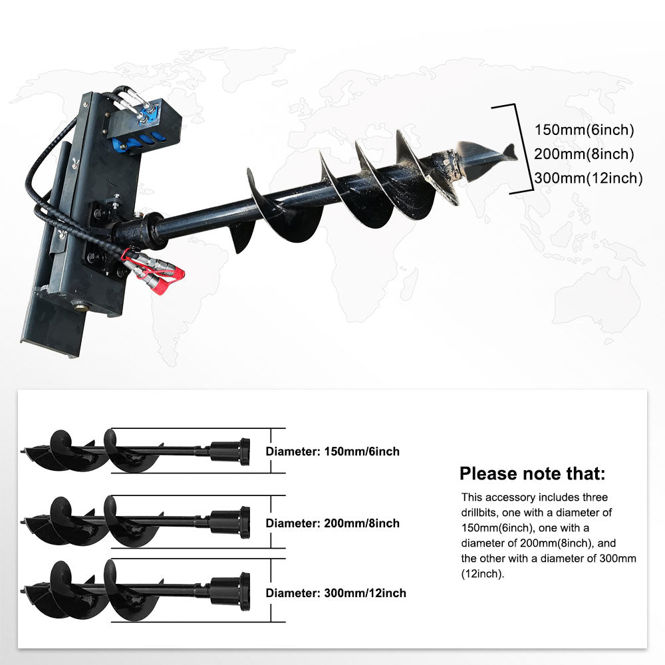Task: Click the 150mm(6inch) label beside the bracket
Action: point(585,130)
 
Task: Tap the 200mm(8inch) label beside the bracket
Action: point(585,154)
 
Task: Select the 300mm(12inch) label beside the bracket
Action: point(589,178)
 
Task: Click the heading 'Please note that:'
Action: point(533,474)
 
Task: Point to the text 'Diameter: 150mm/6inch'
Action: point(332,452)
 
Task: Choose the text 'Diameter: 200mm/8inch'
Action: point(332,523)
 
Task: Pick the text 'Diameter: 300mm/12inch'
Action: point(336,593)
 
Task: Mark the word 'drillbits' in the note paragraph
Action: point(485,513)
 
